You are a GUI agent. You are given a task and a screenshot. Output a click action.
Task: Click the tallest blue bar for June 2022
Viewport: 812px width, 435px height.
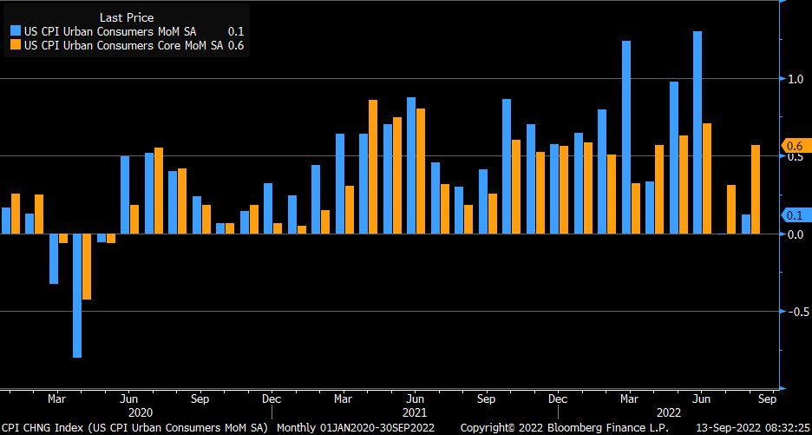pos(697,132)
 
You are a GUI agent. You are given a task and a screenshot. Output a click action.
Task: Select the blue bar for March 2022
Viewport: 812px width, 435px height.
pos(626,137)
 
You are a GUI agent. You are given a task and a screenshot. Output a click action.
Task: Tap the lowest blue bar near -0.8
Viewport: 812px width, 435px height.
pos(77,295)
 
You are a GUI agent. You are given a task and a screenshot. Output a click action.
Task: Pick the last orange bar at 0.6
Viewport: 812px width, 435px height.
pos(756,189)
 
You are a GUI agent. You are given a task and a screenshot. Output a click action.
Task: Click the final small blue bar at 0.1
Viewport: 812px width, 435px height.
pos(745,224)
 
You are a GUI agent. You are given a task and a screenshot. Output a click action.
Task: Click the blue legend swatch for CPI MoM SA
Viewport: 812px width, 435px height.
pos(16,32)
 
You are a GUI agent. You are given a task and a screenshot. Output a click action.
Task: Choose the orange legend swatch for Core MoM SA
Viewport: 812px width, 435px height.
pos(16,45)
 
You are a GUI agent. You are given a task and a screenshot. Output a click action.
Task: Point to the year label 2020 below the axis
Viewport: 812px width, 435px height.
pos(141,412)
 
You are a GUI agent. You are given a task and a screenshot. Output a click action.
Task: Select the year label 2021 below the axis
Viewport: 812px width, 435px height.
pos(414,412)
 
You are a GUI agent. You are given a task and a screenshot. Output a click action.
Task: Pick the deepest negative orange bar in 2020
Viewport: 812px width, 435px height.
pos(87,267)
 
